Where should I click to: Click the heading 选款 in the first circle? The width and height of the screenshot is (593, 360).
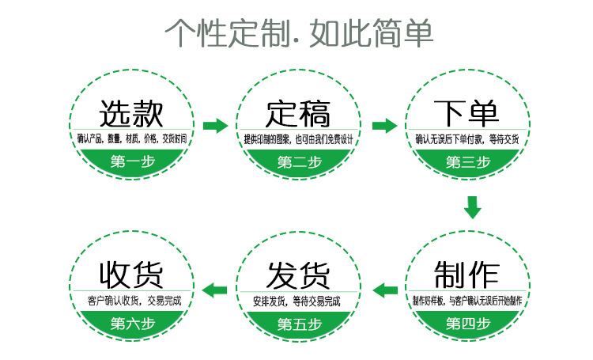131,113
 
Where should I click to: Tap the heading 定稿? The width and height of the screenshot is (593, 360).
298,113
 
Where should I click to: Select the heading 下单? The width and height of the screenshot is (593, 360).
466,113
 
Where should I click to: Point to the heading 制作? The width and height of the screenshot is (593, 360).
466,274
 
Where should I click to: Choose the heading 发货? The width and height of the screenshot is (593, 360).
298,274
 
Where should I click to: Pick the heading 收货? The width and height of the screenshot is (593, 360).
131,274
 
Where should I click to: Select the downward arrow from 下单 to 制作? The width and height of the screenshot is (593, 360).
472,207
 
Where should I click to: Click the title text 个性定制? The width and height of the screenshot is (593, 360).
233,33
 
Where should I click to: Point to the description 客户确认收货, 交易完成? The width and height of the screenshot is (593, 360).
131,301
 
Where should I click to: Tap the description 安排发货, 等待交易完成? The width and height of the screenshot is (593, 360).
298,301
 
